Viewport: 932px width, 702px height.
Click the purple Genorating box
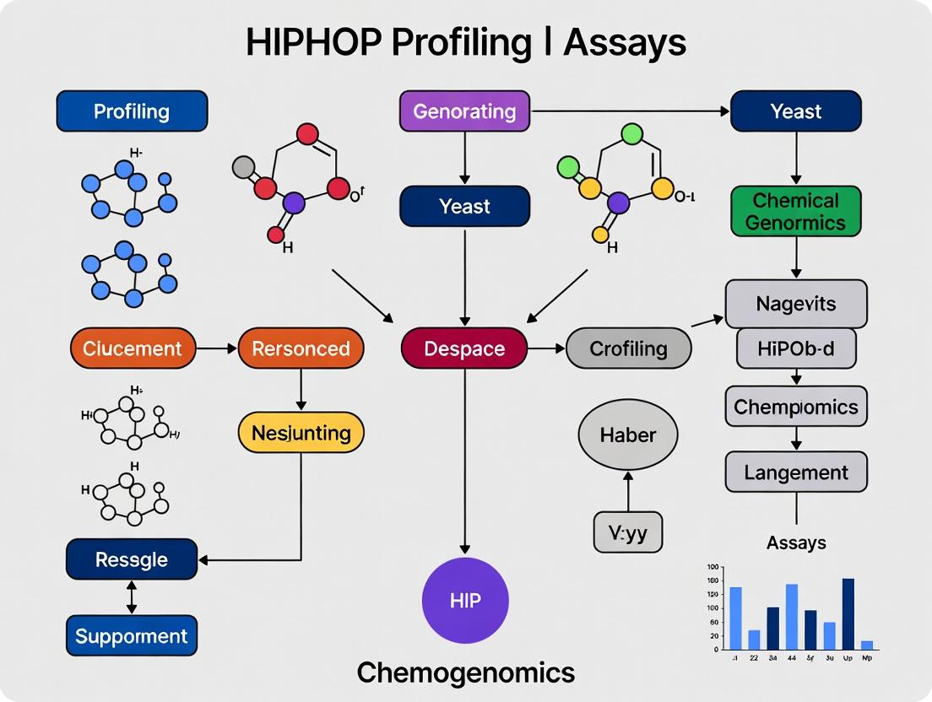click(463, 111)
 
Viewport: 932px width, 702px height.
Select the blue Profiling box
click(132, 111)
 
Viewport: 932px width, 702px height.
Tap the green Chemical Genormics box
click(795, 212)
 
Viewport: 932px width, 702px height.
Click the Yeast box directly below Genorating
click(464, 207)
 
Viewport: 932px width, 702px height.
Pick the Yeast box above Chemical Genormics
click(795, 111)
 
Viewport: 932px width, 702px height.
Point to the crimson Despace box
click(464, 348)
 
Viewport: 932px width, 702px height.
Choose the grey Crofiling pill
click(628, 348)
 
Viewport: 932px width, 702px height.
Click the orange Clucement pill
click(133, 348)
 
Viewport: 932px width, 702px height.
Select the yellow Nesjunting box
click(301, 433)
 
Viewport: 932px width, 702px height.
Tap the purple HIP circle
click(465, 601)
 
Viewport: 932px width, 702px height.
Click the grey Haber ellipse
click(627, 435)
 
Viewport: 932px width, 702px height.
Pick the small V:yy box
click(627, 532)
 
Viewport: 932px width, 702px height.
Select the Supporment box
click(132, 636)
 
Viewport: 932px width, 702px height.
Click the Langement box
click(795, 472)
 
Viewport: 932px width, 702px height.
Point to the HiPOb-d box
click(795, 349)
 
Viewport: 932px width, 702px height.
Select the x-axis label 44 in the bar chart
click(792, 656)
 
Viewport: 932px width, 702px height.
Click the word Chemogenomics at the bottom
click(465, 672)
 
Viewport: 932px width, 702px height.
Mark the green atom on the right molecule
click(631, 133)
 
